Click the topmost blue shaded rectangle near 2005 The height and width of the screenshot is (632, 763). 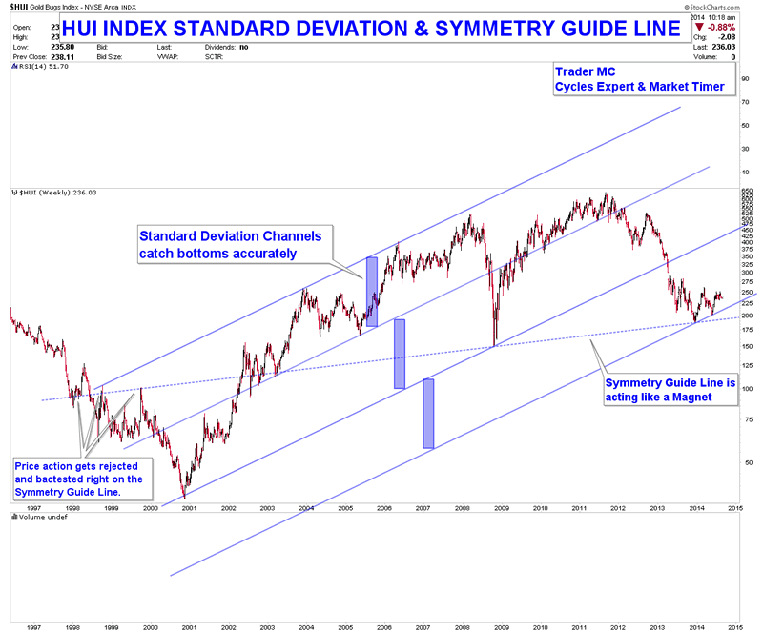point(372,292)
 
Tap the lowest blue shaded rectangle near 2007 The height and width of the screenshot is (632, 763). point(428,414)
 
